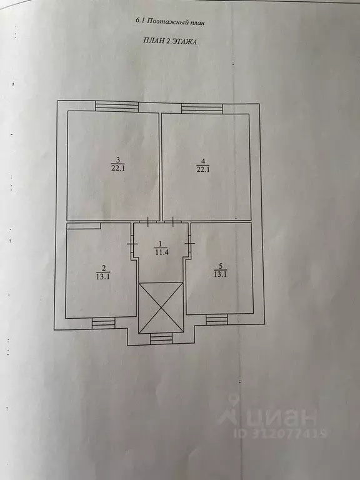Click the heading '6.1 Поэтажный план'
point(170,21)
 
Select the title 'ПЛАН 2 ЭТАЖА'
point(170,41)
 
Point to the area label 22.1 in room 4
point(203,169)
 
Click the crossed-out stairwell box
point(161,308)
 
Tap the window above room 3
point(117,106)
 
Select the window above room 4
point(202,109)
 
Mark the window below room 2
point(104,323)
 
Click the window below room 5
point(217,319)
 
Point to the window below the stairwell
point(161,339)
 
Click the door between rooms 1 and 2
point(132,244)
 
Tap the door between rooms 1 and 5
point(190,243)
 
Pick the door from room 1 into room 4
point(173,221)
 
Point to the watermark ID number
point(281,434)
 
